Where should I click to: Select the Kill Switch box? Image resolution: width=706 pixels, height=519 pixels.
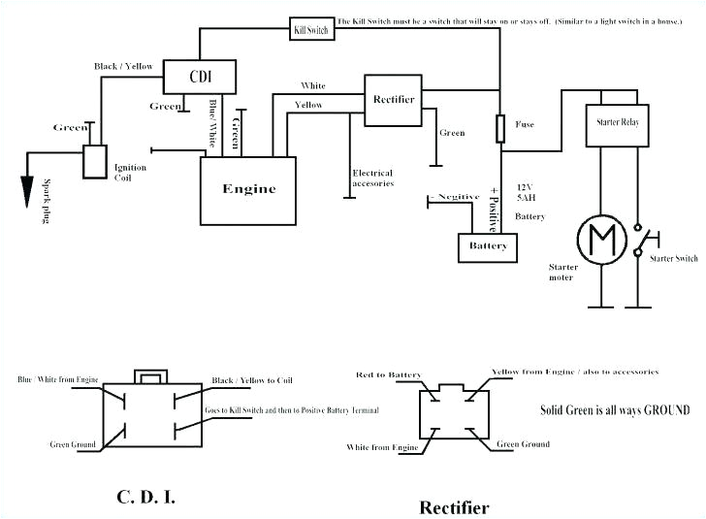310,30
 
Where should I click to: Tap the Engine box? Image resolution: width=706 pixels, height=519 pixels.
248,189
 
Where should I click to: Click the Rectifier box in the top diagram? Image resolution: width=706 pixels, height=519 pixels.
394,99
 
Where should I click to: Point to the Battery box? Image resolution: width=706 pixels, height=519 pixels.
488,246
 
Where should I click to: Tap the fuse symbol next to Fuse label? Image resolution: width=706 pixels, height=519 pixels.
500,126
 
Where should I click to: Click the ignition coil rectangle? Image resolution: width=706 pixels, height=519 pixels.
95,161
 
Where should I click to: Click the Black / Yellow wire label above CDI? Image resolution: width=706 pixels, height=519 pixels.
124,66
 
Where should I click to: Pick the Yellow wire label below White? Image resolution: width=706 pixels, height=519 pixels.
309,105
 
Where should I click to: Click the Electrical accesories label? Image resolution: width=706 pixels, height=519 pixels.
373,178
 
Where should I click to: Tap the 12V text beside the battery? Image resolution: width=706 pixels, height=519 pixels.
525,185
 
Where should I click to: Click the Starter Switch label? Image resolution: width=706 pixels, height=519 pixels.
674,259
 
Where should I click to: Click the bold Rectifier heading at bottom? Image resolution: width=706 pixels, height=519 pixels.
454,506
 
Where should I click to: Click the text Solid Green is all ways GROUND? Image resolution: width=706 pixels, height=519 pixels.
615,410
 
